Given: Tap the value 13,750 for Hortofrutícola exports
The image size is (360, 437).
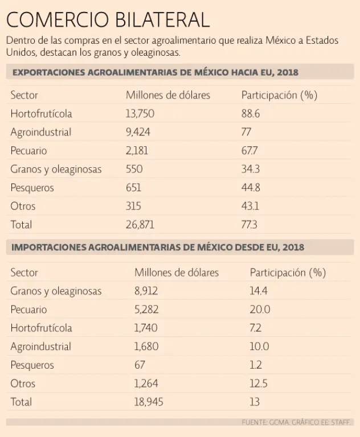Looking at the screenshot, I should pos(140,114).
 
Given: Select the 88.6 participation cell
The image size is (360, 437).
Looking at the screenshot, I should pos(251,114).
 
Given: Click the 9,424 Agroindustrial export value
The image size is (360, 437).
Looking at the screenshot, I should pos(138,132).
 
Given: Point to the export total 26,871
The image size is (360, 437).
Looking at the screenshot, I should pos(140,225).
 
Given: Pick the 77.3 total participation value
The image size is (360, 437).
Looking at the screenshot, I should pos(249,225).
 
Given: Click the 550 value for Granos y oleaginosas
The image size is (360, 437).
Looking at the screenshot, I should pos(134,169).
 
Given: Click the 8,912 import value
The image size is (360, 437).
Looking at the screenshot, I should pos(146,291).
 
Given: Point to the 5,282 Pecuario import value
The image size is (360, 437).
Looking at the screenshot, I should pos(146,310).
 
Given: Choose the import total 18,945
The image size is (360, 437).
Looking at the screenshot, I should pos(149,402).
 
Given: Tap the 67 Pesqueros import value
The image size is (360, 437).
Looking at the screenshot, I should pos(140,365).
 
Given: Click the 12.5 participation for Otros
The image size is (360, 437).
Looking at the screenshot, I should pos(259,384).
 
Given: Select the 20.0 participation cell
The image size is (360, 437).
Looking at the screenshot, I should pos(260,310).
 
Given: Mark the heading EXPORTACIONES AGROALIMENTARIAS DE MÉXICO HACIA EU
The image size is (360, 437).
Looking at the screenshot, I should pos(155,72).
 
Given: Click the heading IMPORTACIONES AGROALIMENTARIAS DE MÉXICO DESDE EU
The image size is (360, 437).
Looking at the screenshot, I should pos(158,248).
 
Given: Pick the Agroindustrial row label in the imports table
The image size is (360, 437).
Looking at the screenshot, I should pos(40,347).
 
